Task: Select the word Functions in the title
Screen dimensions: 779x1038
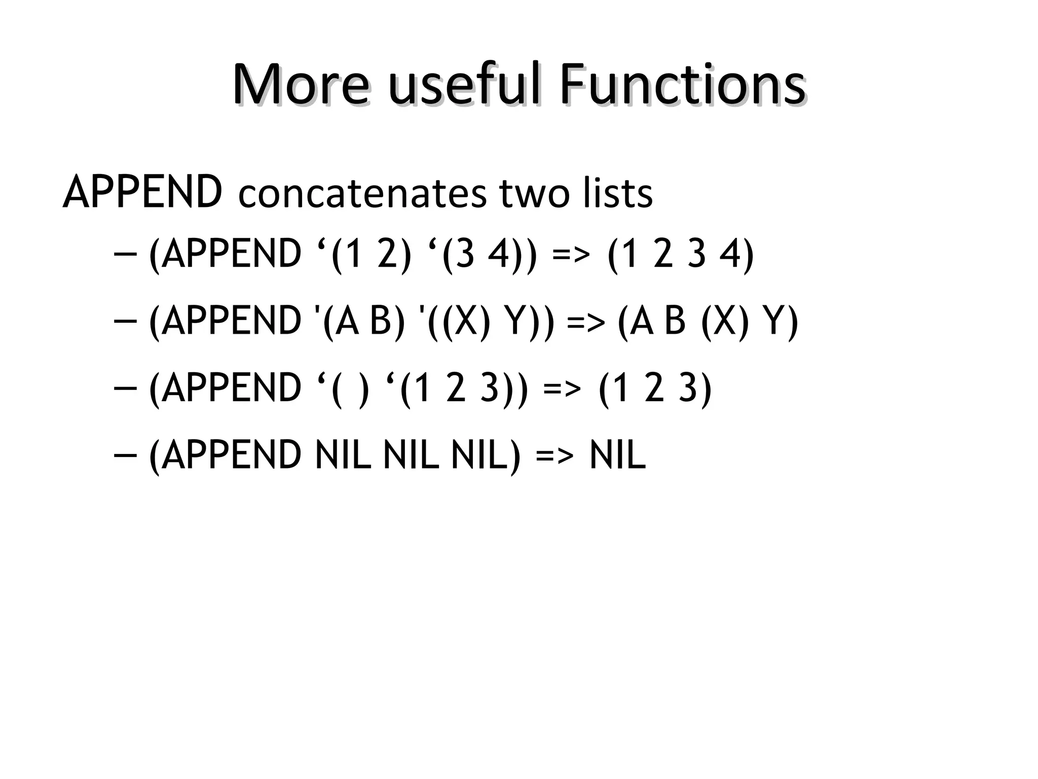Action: tap(682, 85)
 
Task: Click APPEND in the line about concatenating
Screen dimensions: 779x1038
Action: tap(142, 193)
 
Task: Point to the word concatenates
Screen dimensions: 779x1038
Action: tap(362, 194)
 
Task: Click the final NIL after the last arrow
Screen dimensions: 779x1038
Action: tap(618, 455)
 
